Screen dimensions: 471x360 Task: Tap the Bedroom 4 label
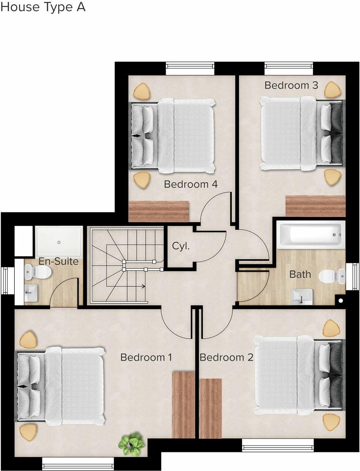[191, 184]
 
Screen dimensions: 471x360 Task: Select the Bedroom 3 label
[291, 86]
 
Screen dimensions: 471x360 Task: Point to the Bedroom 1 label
[146, 357]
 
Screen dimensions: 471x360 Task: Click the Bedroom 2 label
[226, 357]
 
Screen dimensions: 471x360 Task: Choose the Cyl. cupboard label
[181, 246]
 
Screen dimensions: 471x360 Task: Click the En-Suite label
[59, 261]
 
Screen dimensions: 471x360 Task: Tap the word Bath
[300, 274]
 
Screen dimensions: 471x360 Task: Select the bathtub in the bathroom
[311, 234]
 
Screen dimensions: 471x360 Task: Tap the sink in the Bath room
[302, 296]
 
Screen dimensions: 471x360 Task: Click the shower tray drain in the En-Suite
[59, 242]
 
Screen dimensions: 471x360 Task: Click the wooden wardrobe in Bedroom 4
[159, 211]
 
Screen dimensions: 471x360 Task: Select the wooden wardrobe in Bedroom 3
[315, 206]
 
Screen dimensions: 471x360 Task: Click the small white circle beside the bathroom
[341, 301]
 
